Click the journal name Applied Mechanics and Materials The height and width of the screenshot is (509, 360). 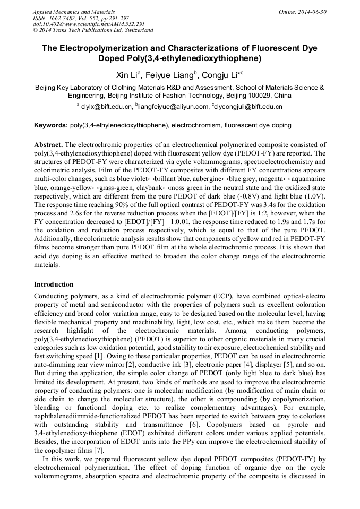(x=73, y=11)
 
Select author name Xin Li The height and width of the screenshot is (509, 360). (x=128, y=74)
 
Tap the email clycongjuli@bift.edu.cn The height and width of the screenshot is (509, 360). (x=248, y=107)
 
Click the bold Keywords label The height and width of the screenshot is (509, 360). (x=50, y=126)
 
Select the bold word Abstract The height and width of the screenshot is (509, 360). (x=48, y=144)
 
